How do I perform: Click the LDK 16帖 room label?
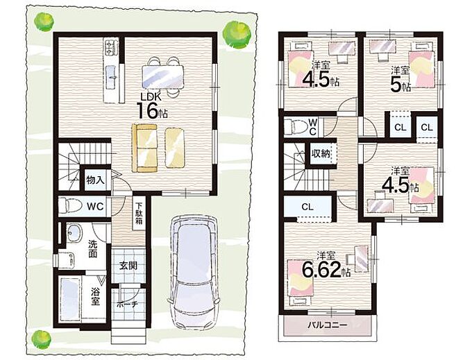click(152, 106)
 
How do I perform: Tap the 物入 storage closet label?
click(95, 180)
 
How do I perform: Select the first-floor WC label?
click(95, 206)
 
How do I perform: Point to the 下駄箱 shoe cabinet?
click(139, 213)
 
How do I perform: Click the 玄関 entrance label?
click(128, 266)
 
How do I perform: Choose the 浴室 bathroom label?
click(95, 296)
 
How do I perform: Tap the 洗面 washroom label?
click(92, 249)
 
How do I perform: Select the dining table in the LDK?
click(162, 76)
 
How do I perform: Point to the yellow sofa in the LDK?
click(144, 148)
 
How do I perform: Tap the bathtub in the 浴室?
click(70, 300)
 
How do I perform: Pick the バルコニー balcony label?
click(327, 325)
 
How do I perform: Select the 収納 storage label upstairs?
click(321, 154)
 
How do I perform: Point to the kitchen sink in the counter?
click(112, 77)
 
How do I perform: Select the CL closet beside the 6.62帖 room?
click(307, 207)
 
